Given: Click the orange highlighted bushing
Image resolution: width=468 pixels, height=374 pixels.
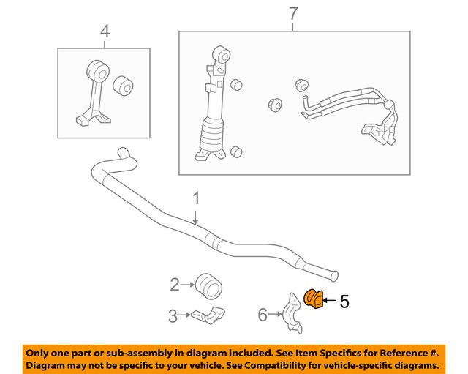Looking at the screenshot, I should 312,299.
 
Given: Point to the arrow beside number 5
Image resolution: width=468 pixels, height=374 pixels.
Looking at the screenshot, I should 329,300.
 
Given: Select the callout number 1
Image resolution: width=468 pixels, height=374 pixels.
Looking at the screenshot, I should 195,198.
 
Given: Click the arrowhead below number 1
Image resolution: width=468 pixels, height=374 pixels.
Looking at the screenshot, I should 196,220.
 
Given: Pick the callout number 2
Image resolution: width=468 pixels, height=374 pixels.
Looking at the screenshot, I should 175,284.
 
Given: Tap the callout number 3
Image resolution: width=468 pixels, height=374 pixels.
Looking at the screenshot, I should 173,316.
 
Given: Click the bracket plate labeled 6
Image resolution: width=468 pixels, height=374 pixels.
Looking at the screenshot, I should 291,314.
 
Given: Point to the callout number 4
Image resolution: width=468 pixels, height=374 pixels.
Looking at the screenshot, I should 105,31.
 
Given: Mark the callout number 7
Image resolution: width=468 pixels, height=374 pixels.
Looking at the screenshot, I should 293,12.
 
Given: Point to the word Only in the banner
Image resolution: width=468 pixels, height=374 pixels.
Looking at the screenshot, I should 42,351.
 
